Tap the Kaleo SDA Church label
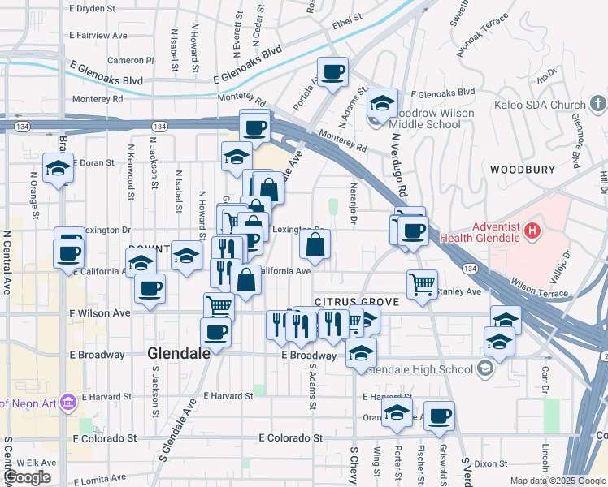point(540,105)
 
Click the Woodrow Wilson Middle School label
point(424,118)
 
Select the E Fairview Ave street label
point(98,36)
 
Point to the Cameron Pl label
point(130,60)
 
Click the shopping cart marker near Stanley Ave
point(422,284)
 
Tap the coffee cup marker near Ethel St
point(332,72)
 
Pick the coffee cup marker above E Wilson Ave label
point(149,288)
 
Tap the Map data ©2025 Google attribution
point(557,481)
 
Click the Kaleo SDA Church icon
point(597,104)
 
